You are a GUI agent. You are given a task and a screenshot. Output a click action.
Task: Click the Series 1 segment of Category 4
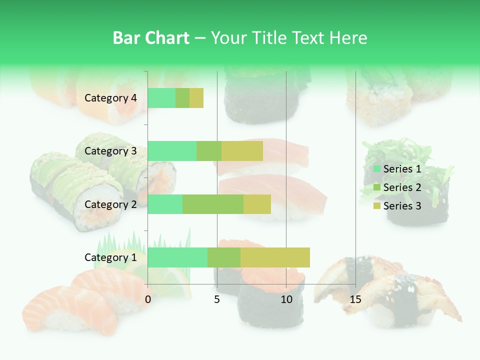coord(161,98)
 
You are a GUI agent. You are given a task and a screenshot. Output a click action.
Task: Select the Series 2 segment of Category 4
coord(182,98)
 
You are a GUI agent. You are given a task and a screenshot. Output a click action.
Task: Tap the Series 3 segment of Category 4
coord(196,98)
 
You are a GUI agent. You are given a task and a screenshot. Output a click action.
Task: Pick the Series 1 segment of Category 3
coord(172,151)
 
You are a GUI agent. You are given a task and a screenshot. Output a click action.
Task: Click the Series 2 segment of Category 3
coord(209,151)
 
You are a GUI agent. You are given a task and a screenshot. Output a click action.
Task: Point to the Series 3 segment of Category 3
coord(242,151)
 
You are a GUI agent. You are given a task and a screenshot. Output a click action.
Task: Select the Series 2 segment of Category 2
coord(213,204)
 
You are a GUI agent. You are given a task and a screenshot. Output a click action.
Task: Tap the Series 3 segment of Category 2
coord(257,204)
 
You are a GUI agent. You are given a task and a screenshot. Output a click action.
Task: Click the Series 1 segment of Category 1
coord(177,257)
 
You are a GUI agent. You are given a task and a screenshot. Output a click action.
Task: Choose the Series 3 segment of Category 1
coord(275,257)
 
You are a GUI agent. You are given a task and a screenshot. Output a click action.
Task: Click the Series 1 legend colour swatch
coord(377,169)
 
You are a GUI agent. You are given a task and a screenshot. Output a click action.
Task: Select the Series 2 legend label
coord(402,187)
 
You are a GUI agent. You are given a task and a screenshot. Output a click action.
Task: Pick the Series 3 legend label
coord(402,206)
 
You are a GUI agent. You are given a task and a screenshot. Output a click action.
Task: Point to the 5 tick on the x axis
coord(217,299)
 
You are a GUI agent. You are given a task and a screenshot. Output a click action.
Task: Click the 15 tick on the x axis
coord(355,299)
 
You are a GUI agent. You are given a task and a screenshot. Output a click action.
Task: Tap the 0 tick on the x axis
coord(148,299)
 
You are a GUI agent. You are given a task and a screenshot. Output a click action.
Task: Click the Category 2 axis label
coord(110,204)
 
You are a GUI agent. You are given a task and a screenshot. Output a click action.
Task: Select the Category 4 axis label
coord(110,98)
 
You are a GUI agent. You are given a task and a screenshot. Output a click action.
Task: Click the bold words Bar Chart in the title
coord(151,38)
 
